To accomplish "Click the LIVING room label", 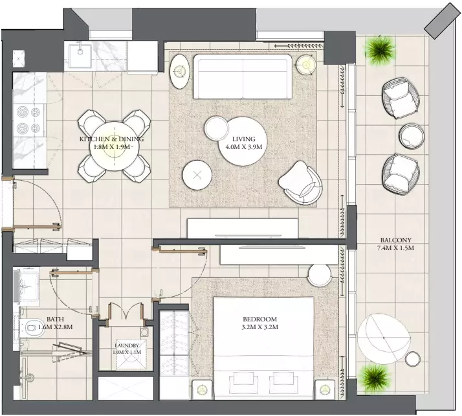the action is [x=244, y=139].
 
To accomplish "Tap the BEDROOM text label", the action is [x=259, y=319].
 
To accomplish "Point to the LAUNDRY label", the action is [x=127, y=345].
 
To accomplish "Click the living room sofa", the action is [x=243, y=76].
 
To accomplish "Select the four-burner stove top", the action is [x=28, y=120].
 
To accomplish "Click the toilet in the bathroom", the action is [x=32, y=327].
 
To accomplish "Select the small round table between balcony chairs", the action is [x=412, y=136].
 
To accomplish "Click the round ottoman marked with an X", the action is [x=197, y=175].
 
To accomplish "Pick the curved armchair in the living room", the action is [x=300, y=183].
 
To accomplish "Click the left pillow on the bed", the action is [x=244, y=378].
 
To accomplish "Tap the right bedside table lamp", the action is [x=325, y=389].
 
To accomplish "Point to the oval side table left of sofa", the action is [x=179, y=71].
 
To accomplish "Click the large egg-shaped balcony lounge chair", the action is [x=384, y=338].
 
